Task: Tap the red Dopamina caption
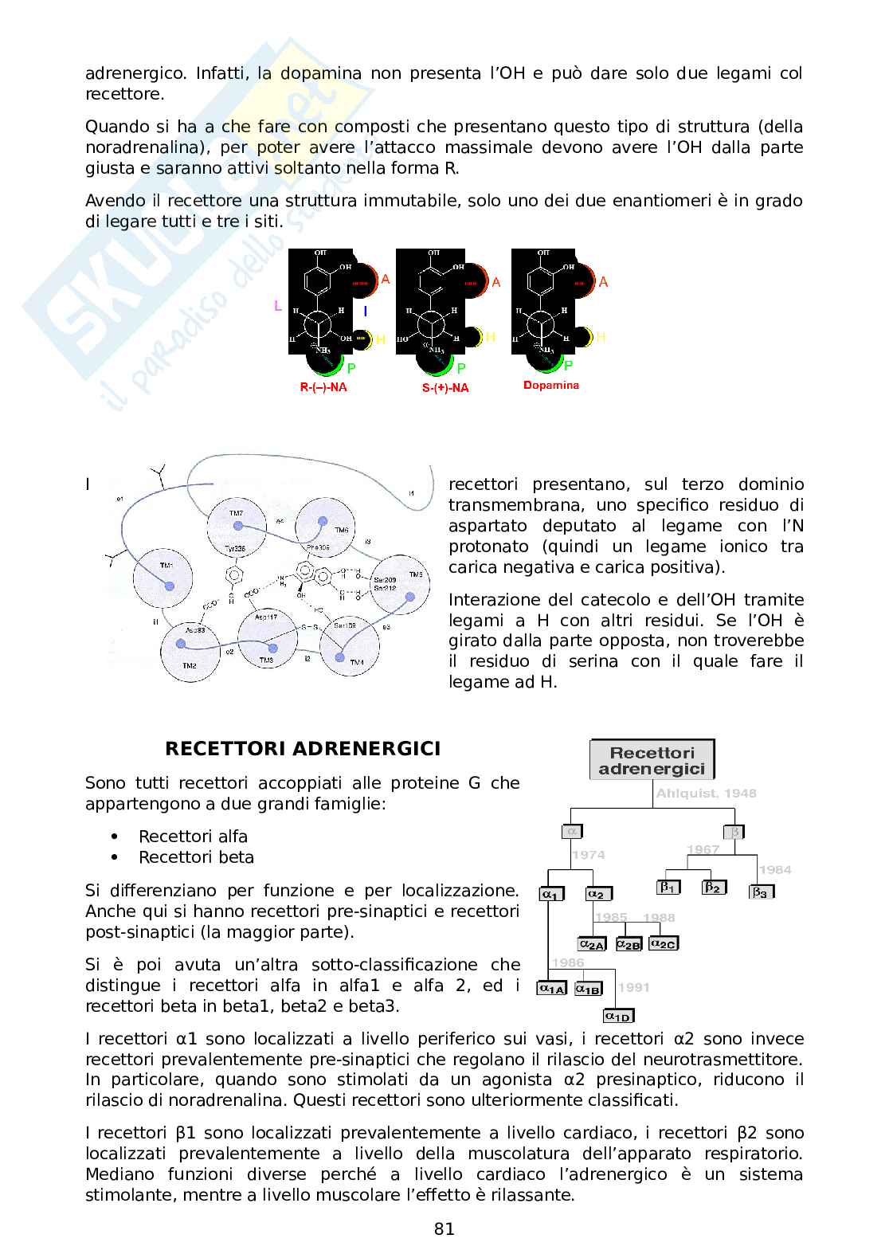click(550, 386)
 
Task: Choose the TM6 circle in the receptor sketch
click(324, 525)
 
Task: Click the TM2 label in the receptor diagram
click(189, 664)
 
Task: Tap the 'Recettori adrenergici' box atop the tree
click(652, 760)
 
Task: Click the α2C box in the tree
click(663, 943)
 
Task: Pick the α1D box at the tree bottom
click(618, 1016)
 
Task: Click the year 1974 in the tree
click(588, 855)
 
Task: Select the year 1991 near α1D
click(634, 987)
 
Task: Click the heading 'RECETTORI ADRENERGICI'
click(302, 749)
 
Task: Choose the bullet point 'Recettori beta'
click(196, 857)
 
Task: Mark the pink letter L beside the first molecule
click(278, 306)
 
